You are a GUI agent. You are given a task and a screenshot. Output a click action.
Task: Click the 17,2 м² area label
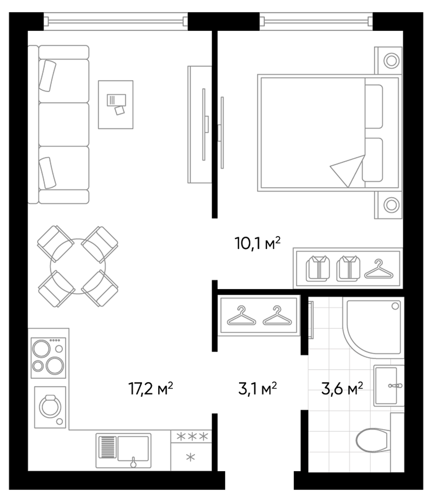coord(151,388)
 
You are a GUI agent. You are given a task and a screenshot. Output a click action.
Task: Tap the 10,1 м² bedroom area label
coord(257,243)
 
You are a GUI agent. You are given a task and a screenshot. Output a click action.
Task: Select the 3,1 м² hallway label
coord(257,388)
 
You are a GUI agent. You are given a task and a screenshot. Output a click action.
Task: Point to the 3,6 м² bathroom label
coord(342,388)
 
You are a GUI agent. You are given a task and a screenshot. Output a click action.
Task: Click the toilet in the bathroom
coord(372,440)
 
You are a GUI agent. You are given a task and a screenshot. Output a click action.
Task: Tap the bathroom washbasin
coord(386,386)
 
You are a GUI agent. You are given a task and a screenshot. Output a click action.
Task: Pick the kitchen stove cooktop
coord(48,358)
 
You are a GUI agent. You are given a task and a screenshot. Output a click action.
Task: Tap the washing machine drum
coord(50,407)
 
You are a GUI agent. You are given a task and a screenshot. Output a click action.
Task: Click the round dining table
coord(78,266)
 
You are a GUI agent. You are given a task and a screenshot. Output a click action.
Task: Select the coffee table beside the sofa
coord(115,105)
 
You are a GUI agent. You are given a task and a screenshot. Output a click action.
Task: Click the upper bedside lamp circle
coord(391,61)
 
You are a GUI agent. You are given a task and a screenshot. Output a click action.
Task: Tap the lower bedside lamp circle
coord(391,205)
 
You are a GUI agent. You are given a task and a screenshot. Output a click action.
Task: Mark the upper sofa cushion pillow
coord(47,75)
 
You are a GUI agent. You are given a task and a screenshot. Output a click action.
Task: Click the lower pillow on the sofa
coord(47,173)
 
